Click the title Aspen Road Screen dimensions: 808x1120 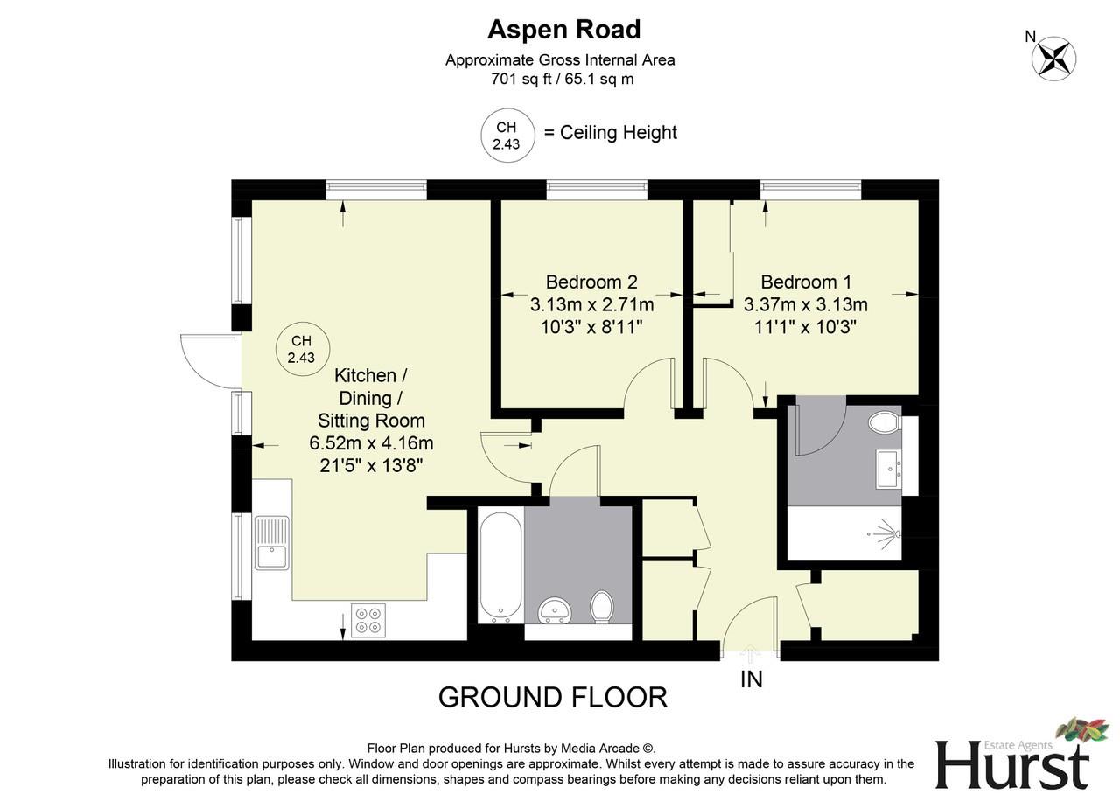pyautogui.click(x=563, y=29)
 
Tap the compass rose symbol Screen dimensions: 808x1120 pyautogui.click(x=1053, y=59)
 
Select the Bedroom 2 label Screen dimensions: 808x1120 pyautogui.click(x=591, y=282)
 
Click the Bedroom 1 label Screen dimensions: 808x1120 pyautogui.click(x=806, y=282)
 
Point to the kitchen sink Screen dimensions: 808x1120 pyautogui.click(x=272, y=543)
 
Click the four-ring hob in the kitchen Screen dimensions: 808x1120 pyautogui.click(x=368, y=618)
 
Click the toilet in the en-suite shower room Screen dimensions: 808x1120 pyautogui.click(x=885, y=423)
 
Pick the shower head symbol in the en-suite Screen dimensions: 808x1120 pyautogui.click(x=886, y=531)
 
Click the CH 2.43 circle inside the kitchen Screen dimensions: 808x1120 pyautogui.click(x=301, y=349)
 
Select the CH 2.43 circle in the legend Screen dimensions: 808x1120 pyautogui.click(x=507, y=136)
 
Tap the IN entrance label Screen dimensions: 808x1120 pyautogui.click(x=752, y=679)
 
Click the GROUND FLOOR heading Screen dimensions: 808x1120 pyautogui.click(x=552, y=697)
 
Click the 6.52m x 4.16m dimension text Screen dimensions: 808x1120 pyautogui.click(x=371, y=443)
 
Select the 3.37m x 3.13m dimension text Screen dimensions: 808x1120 pyautogui.click(x=806, y=305)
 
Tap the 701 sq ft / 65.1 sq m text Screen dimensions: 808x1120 pyautogui.click(x=562, y=79)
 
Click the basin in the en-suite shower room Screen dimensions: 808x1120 pyautogui.click(x=890, y=469)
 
